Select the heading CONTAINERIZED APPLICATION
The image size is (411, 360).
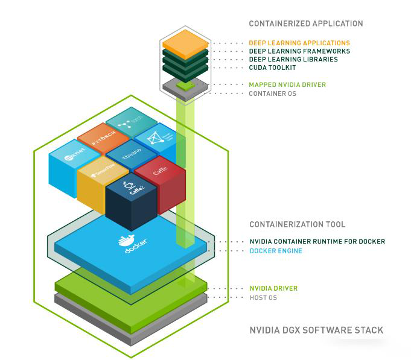(x=306, y=24)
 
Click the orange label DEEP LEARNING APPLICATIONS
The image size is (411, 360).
(x=299, y=43)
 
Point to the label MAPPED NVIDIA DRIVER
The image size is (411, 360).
(x=287, y=85)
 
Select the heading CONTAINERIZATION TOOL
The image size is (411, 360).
(x=298, y=224)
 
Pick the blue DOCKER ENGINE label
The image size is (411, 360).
(x=276, y=250)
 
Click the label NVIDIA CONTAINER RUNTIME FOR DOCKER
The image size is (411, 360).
(x=317, y=242)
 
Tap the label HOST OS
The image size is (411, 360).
(x=263, y=297)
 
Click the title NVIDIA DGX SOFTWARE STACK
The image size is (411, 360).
(x=316, y=330)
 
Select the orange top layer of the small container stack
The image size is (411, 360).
(x=185, y=43)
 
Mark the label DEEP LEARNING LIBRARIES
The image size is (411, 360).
(x=293, y=60)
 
